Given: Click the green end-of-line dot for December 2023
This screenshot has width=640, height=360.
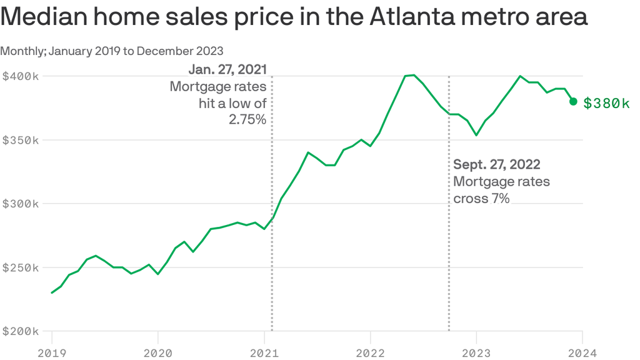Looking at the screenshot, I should point(573,102).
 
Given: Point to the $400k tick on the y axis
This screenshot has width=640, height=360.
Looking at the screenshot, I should point(21,76).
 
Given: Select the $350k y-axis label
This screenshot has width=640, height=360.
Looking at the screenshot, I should point(21,140).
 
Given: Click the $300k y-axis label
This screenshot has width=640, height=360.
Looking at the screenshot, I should point(21,204).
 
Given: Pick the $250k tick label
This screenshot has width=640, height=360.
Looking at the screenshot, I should point(21,267).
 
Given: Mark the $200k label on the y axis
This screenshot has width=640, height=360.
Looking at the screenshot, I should point(21,331).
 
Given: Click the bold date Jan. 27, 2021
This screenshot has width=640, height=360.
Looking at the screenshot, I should point(227,69).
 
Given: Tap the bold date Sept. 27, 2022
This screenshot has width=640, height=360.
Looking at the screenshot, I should point(497,164).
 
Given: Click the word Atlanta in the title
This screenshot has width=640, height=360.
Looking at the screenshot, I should point(412,17).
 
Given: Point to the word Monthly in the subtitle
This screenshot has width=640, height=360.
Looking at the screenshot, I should point(22,51).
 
